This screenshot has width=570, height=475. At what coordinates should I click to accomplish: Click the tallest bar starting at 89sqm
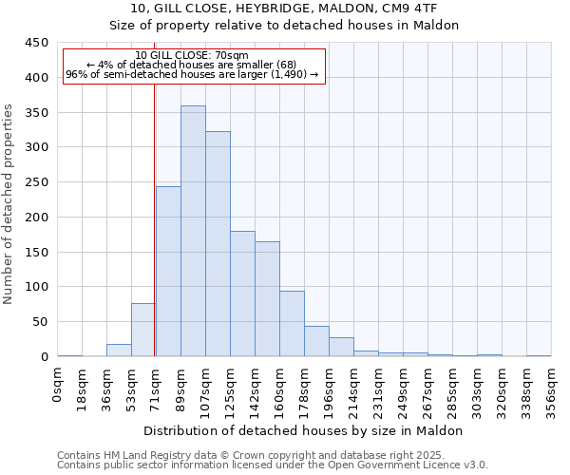coord(193,231)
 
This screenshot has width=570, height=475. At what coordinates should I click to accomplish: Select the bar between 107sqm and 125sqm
coord(218,244)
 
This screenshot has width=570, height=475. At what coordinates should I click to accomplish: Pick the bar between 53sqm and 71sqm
coord(143,330)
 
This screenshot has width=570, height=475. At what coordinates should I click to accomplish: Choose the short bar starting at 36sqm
coord(119,351)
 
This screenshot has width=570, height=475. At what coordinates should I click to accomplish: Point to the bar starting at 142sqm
coord(267,299)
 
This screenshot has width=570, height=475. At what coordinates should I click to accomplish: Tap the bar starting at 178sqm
coord(316,341)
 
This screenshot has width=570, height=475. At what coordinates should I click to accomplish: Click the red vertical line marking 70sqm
coord(154,218)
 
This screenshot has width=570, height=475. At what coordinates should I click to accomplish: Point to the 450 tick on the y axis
coord(36,43)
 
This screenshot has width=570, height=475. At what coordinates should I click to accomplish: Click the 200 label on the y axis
coord(36,217)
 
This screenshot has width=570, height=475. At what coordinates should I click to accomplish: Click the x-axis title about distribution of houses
coord(304,430)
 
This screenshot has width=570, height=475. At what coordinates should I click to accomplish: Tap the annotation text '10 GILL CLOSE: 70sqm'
coord(192,56)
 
